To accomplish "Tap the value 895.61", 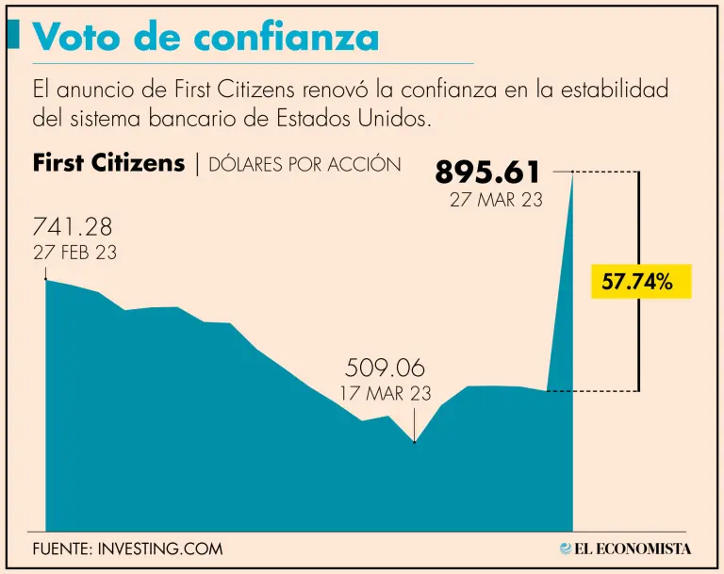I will click(488, 172).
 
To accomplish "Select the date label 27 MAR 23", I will click(496, 200).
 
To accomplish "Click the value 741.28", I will click(73, 227).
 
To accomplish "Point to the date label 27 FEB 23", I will click(75, 253).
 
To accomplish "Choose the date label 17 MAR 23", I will click(386, 393).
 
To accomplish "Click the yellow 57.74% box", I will click(640, 281).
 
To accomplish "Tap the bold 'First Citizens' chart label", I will click(108, 163).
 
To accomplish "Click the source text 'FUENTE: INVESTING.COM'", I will click(127, 549).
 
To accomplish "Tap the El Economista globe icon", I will click(566, 548).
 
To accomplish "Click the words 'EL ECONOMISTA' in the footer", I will click(633, 549).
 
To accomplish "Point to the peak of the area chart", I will click(572, 174).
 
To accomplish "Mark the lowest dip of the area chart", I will click(415, 441).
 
